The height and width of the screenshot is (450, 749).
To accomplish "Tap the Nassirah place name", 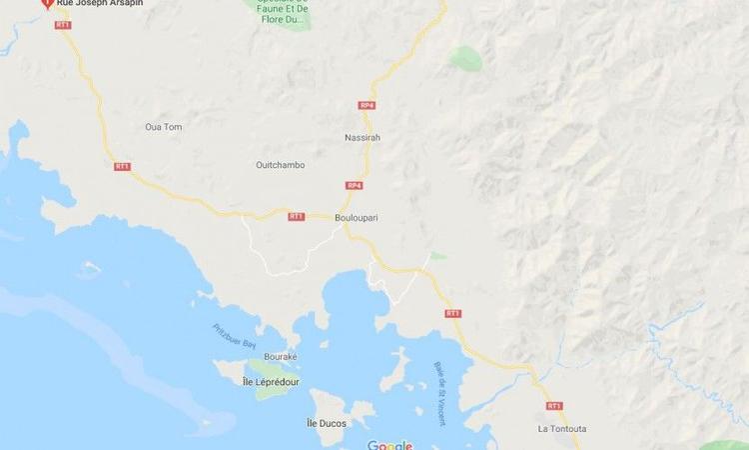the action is click(x=363, y=137).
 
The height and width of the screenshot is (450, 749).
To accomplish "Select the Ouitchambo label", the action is click(x=280, y=165).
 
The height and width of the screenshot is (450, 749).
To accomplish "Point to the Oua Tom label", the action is click(x=164, y=127).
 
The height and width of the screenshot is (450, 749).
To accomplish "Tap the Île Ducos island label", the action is click(x=326, y=424).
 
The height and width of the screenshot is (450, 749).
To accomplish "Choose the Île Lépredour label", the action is click(x=272, y=381).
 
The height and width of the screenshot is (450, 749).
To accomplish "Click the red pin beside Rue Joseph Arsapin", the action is click(x=46, y=4).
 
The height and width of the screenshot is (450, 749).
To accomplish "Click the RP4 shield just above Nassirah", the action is click(x=367, y=105).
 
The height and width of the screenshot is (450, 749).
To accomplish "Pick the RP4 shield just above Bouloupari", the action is click(x=354, y=185).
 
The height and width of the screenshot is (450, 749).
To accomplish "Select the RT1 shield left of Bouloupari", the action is click(x=296, y=216).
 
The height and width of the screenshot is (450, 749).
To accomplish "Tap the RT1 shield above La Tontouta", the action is click(x=554, y=406).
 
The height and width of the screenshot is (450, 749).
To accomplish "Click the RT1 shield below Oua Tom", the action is click(x=123, y=166).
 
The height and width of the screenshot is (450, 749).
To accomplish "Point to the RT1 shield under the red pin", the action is click(x=63, y=24).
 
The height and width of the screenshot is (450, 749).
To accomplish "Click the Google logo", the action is click(x=389, y=445).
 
